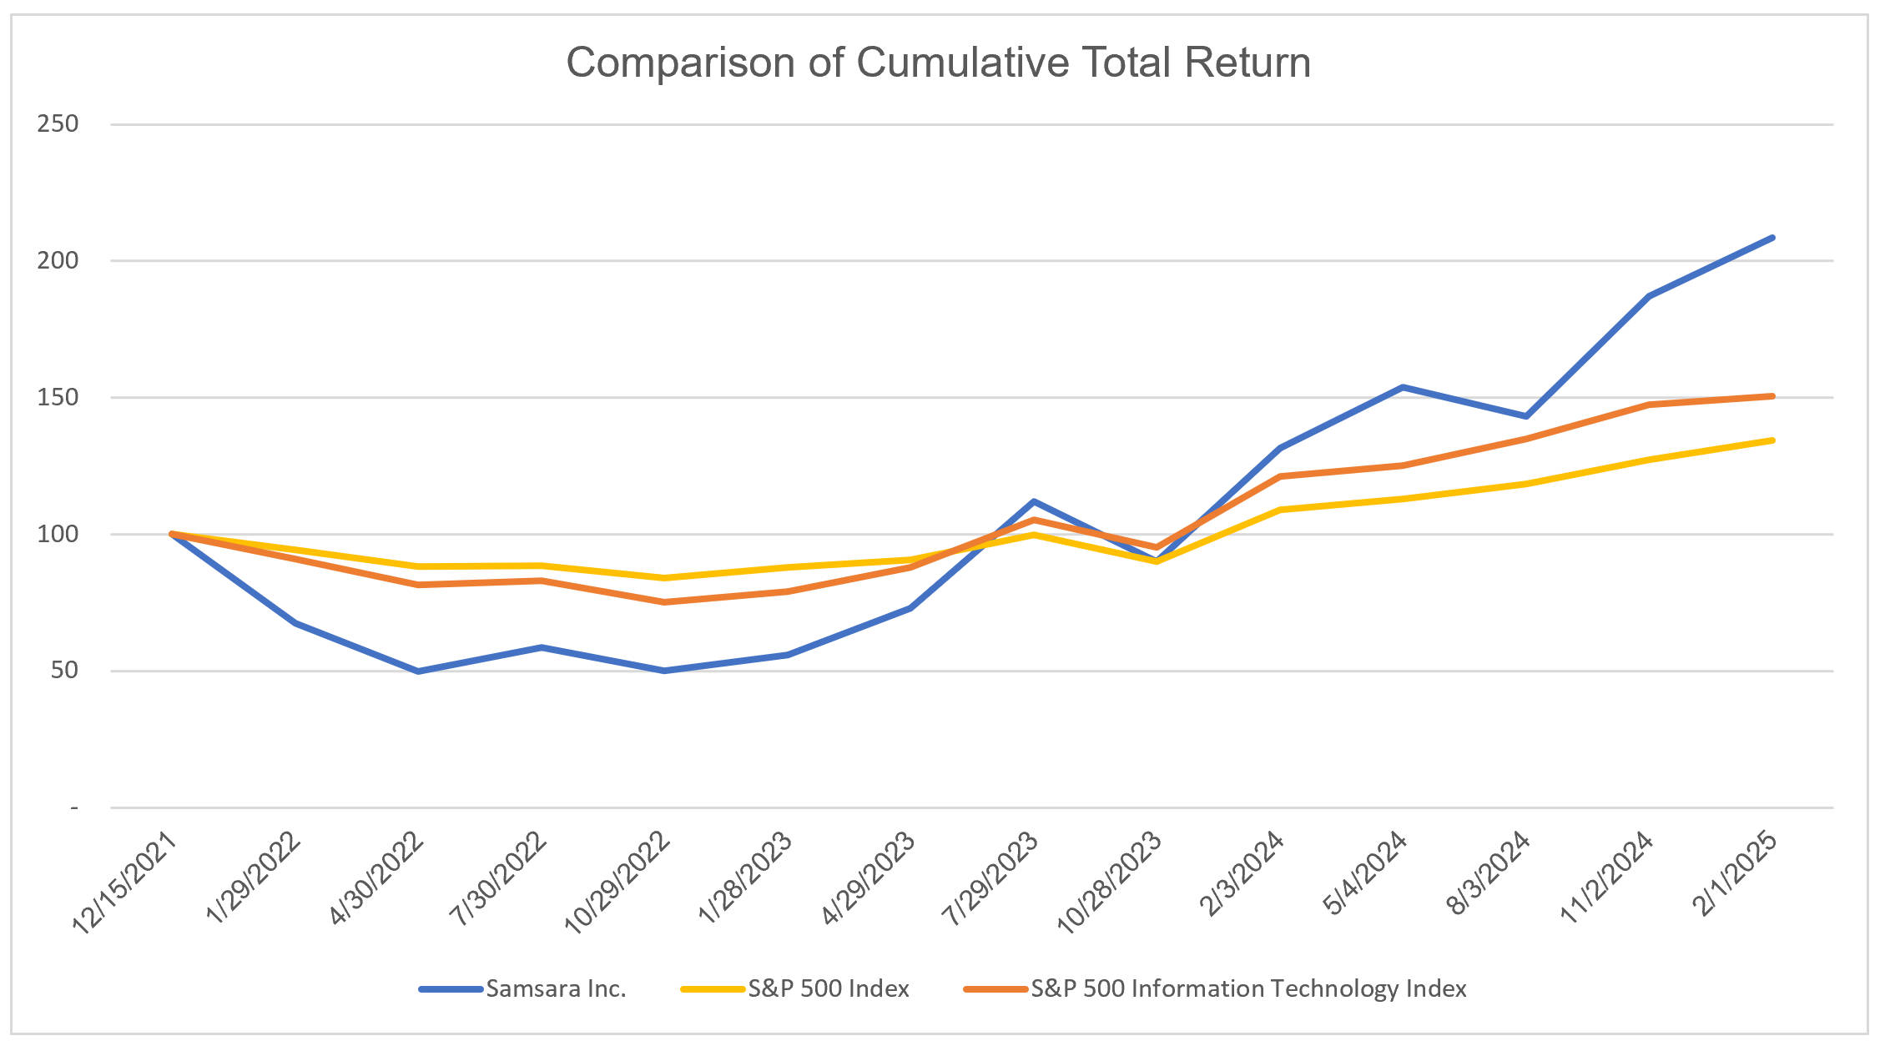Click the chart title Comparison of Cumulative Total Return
pyautogui.click(x=938, y=63)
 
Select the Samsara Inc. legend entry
pyautogui.click(x=555, y=988)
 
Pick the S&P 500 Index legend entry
pyautogui.click(x=828, y=988)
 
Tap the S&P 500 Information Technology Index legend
pyautogui.click(x=1247, y=988)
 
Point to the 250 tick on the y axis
pyautogui.click(x=58, y=123)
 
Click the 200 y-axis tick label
pyautogui.click(x=58, y=260)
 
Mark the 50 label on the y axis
pyautogui.click(x=63, y=670)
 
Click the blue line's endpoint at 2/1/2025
pyautogui.click(x=1772, y=238)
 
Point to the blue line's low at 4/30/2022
pyautogui.click(x=417, y=671)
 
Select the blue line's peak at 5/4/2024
pyautogui.click(x=1403, y=387)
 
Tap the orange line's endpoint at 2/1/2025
pyautogui.click(x=1772, y=396)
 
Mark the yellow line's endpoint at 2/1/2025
pyautogui.click(x=1772, y=440)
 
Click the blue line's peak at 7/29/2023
pyautogui.click(x=1033, y=501)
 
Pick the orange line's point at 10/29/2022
pyautogui.click(x=663, y=601)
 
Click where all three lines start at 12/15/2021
pyautogui.click(x=171, y=534)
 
